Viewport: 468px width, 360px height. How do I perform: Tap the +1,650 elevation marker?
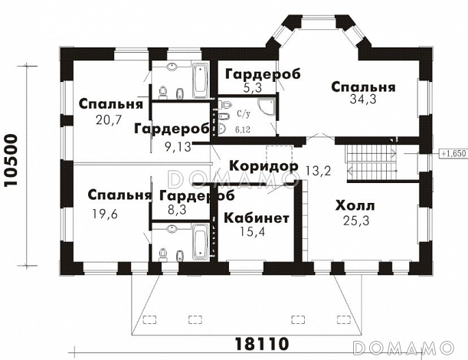(x=453, y=153)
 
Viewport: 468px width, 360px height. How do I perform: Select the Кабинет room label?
(x=257, y=218)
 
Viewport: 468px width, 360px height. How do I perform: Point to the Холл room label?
(x=355, y=206)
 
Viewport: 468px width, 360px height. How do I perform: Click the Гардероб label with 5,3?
(x=261, y=74)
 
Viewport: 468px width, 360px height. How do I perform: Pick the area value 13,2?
(x=316, y=170)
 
